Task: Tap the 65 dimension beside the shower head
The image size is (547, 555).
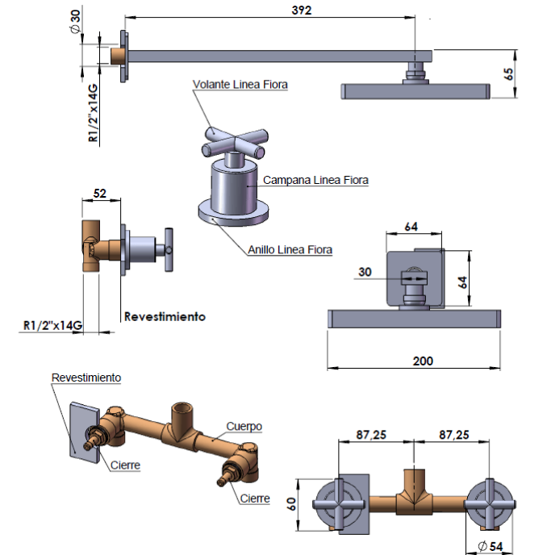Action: [x=508, y=73]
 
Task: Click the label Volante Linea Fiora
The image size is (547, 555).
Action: [x=240, y=84]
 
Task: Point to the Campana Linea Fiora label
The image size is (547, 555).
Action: [x=315, y=181]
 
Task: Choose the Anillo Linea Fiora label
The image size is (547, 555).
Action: [x=290, y=250]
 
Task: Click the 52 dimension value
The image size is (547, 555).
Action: [x=100, y=194]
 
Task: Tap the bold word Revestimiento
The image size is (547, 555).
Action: [x=165, y=316]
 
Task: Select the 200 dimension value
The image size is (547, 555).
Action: [x=422, y=361]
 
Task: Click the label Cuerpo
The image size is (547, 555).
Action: [x=244, y=426]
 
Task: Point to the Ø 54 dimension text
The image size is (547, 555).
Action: [x=490, y=546]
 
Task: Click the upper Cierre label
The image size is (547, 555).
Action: [x=127, y=465]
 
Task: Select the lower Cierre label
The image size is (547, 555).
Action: [x=254, y=499]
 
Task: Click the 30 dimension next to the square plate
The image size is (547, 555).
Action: [x=365, y=273]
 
